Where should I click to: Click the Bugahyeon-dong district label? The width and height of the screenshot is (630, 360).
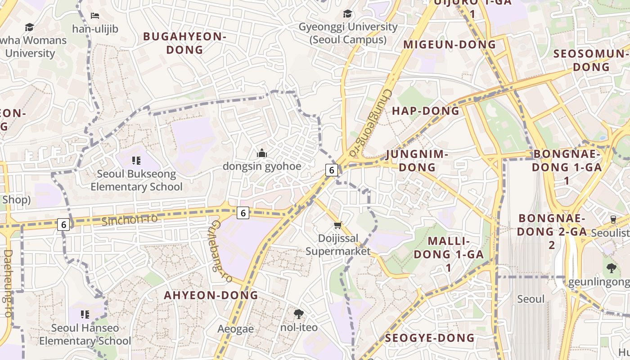184,43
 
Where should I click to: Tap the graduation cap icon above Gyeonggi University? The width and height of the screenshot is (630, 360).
347,14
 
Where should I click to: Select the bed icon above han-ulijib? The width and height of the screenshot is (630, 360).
95,16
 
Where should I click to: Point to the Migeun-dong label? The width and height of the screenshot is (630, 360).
449,45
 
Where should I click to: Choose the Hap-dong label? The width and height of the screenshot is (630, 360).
426,111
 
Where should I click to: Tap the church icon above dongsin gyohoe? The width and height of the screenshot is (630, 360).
262,153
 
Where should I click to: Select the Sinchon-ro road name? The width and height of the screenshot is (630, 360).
130,220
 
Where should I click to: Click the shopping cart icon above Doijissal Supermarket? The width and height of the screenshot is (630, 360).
338,225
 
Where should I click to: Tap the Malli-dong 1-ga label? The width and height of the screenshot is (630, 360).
449,254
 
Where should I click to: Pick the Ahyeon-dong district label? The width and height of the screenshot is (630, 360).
211,295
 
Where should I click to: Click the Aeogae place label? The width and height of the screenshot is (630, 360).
235,329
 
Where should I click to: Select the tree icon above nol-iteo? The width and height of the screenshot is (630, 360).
298,314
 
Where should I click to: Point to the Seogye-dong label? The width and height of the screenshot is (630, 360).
430,338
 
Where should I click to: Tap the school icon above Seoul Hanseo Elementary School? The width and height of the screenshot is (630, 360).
85,314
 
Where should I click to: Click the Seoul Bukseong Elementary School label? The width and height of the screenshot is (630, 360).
136,180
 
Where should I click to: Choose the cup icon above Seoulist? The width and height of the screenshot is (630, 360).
613,219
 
